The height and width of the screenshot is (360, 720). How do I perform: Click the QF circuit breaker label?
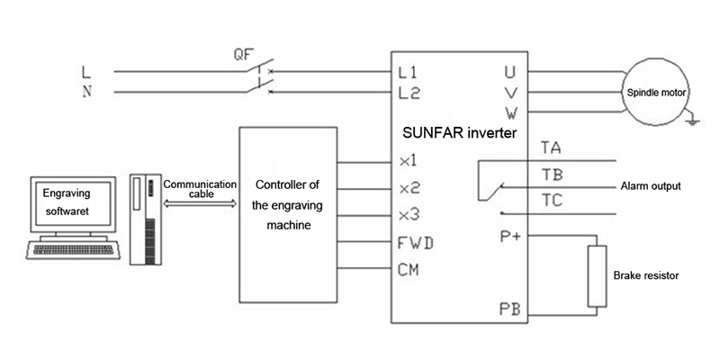pyautogui.click(x=243, y=55)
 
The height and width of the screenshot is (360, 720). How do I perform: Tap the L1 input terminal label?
pyautogui.click(x=409, y=73)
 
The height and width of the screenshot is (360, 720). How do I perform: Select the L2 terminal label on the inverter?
pyautogui.click(x=409, y=94)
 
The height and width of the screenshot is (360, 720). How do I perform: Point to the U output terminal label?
pyautogui.click(x=509, y=72)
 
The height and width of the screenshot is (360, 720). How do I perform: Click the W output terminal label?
pyautogui.click(x=511, y=112)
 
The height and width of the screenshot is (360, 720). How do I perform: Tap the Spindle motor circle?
pyautogui.click(x=656, y=93)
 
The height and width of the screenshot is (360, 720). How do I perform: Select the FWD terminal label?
pyautogui.click(x=416, y=243)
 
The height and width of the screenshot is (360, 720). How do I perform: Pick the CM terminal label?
pyautogui.click(x=409, y=269)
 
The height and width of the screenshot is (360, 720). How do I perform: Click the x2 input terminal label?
pyautogui.click(x=409, y=188)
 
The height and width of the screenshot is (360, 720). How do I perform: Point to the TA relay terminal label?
pyautogui.click(x=551, y=148)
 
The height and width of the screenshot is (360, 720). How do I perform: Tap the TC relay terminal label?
pyautogui.click(x=552, y=201)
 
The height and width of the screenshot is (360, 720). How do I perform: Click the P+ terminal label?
pyautogui.click(x=510, y=237)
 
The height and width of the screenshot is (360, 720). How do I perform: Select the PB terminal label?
pyautogui.click(x=509, y=309)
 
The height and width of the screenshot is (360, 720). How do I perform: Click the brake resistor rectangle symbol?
pyautogui.click(x=597, y=276)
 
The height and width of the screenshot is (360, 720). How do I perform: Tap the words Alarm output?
pyautogui.click(x=651, y=186)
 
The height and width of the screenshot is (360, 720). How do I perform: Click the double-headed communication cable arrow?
pyautogui.click(x=200, y=203)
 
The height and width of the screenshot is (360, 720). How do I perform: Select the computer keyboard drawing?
pyautogui.click(x=73, y=250)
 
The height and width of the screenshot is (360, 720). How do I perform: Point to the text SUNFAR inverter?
pyautogui.click(x=460, y=133)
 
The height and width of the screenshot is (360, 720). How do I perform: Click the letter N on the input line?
pyautogui.click(x=86, y=92)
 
